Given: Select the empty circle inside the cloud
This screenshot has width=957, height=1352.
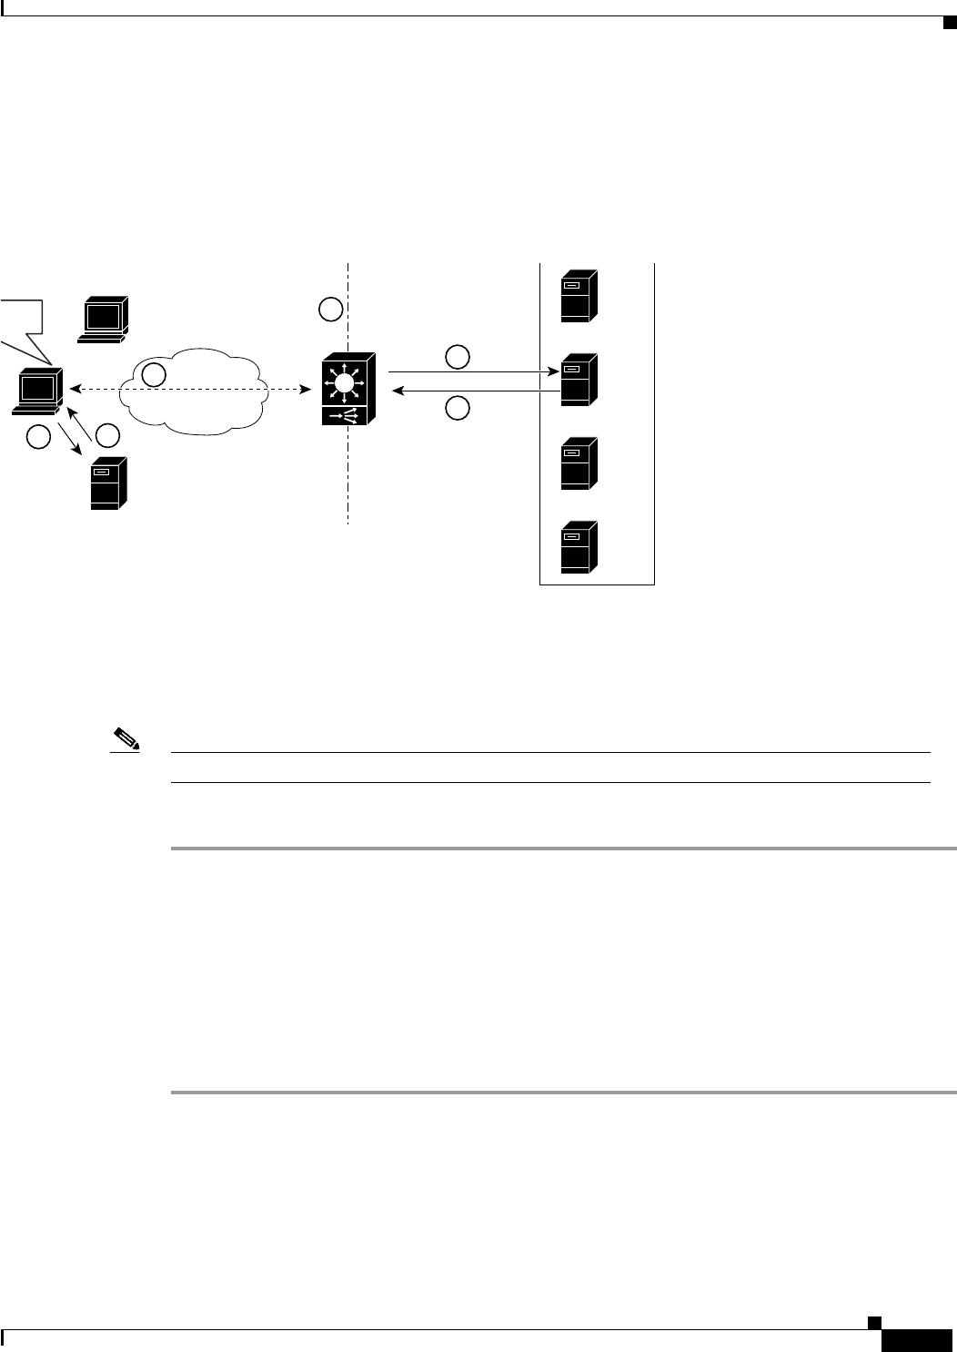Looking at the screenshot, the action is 155,374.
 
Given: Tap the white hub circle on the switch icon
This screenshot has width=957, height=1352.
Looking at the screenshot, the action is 343,384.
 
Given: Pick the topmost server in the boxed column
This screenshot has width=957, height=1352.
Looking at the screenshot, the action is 579,295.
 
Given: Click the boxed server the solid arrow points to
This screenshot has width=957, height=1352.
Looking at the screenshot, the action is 579,379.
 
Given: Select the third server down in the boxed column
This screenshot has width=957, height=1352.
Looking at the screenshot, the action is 579,463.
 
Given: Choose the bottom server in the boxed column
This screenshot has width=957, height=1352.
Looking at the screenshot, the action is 579,546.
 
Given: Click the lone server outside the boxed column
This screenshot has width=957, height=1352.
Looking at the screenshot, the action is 107,483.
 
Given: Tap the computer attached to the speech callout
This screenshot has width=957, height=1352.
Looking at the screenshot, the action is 39,392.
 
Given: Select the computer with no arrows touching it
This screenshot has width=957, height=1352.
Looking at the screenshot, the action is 103,318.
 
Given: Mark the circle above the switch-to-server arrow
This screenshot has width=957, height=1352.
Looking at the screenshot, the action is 458,356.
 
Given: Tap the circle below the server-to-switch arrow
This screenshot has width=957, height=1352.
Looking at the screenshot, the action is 458,409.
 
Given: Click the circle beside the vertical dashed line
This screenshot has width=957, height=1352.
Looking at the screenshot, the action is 331,310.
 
